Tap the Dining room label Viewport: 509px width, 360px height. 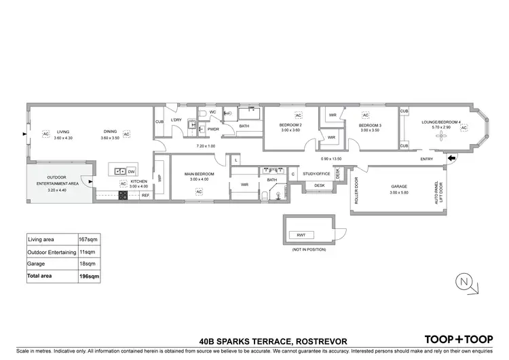(109, 132)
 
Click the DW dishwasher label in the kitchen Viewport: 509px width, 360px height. (132, 171)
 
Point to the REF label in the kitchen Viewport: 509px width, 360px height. (145, 196)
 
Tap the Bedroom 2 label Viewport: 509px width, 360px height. (290, 125)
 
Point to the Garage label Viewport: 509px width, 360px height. (399, 186)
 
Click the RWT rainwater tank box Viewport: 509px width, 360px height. (301, 235)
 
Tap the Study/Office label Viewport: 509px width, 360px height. (316, 174)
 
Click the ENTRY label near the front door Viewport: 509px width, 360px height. (427, 159)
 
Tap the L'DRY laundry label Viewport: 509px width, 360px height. (176, 120)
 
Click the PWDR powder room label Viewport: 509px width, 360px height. (212, 128)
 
